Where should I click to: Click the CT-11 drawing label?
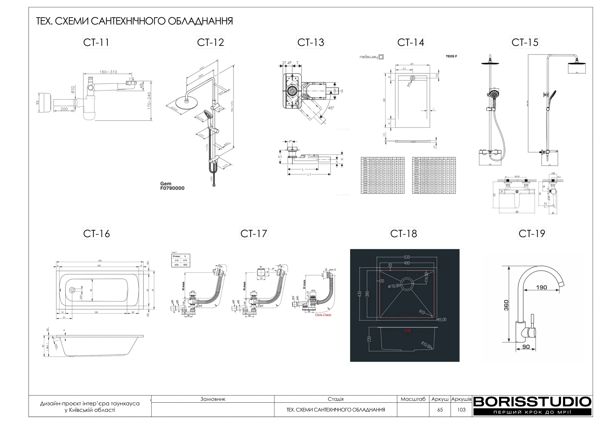pos(96,42)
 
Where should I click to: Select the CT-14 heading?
pos(411,42)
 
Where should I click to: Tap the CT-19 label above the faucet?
pos(532,234)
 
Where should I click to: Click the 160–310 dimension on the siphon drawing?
pos(108,72)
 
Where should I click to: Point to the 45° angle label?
pos(331,108)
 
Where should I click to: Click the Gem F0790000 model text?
pos(172,186)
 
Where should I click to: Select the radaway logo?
pos(371,57)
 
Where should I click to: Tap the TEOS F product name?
pos(451,56)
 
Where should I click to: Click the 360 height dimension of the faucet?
pos(506,305)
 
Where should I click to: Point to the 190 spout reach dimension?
pos(541,287)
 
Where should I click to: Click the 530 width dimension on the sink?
pos(407,257)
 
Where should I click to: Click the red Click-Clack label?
pos(323,315)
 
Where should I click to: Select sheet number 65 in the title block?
pos(440,410)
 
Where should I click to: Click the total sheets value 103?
pos(461,410)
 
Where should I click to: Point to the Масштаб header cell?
pos(413,399)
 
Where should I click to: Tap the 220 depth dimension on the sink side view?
pos(369,339)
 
